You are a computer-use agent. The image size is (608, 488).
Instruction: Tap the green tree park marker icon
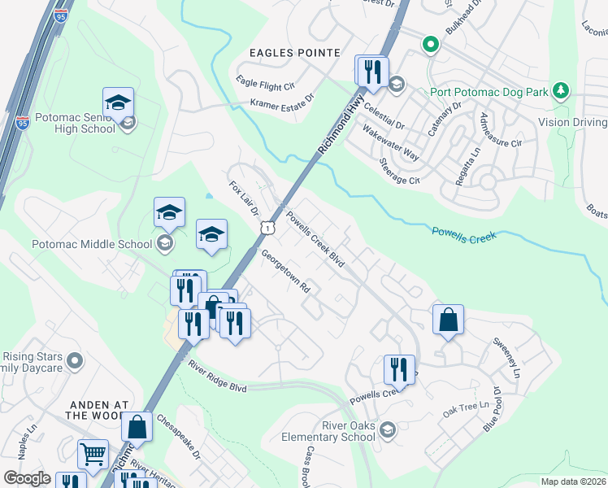[560, 90]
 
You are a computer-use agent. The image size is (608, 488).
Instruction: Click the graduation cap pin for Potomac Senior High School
[118, 102]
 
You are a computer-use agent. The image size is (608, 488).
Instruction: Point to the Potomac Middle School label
[91, 244]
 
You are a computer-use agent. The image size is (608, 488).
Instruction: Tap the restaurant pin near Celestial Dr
[372, 71]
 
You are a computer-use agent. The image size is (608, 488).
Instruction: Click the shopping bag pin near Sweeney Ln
[448, 320]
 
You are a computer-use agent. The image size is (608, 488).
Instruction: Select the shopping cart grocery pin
[93, 455]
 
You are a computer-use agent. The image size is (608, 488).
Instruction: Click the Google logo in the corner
[28, 478]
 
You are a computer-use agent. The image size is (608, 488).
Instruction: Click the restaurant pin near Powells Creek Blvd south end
[399, 369]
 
